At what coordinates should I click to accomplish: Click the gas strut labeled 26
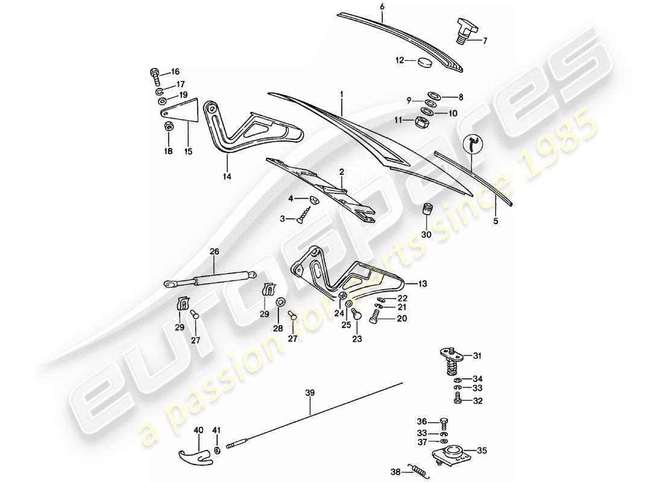(x=208, y=278)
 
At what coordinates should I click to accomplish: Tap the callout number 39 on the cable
(x=310, y=393)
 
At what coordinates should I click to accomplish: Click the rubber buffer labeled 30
(x=427, y=212)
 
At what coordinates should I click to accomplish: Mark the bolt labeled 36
(x=444, y=422)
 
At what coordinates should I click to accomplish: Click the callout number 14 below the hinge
(x=228, y=177)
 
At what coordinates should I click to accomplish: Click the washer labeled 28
(x=281, y=301)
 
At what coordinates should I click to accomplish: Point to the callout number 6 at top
(x=382, y=7)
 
